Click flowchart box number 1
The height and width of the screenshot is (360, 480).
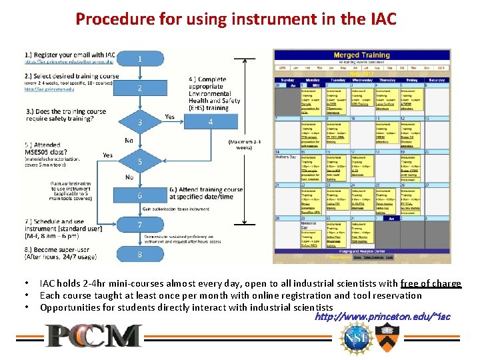[x=140, y=60]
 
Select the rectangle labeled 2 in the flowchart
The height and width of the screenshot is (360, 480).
[x=140, y=88]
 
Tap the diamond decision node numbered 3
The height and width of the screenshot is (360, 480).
[x=140, y=123]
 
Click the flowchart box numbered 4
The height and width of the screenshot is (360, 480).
[x=211, y=122]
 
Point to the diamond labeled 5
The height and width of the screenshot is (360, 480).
[x=140, y=161]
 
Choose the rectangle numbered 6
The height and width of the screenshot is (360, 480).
[x=140, y=195]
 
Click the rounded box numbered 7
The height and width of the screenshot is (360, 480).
[x=140, y=225]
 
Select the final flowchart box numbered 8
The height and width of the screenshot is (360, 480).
[x=140, y=254]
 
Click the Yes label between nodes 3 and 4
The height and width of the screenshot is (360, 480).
[x=171, y=117]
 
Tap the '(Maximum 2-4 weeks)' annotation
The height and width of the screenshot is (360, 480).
[x=245, y=145]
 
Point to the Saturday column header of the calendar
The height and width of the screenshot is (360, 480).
[x=436, y=79]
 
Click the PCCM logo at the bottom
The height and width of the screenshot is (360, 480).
[x=93, y=336]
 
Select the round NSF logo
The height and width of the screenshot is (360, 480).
[x=353, y=337]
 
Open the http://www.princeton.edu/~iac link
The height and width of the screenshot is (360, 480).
[x=382, y=316]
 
